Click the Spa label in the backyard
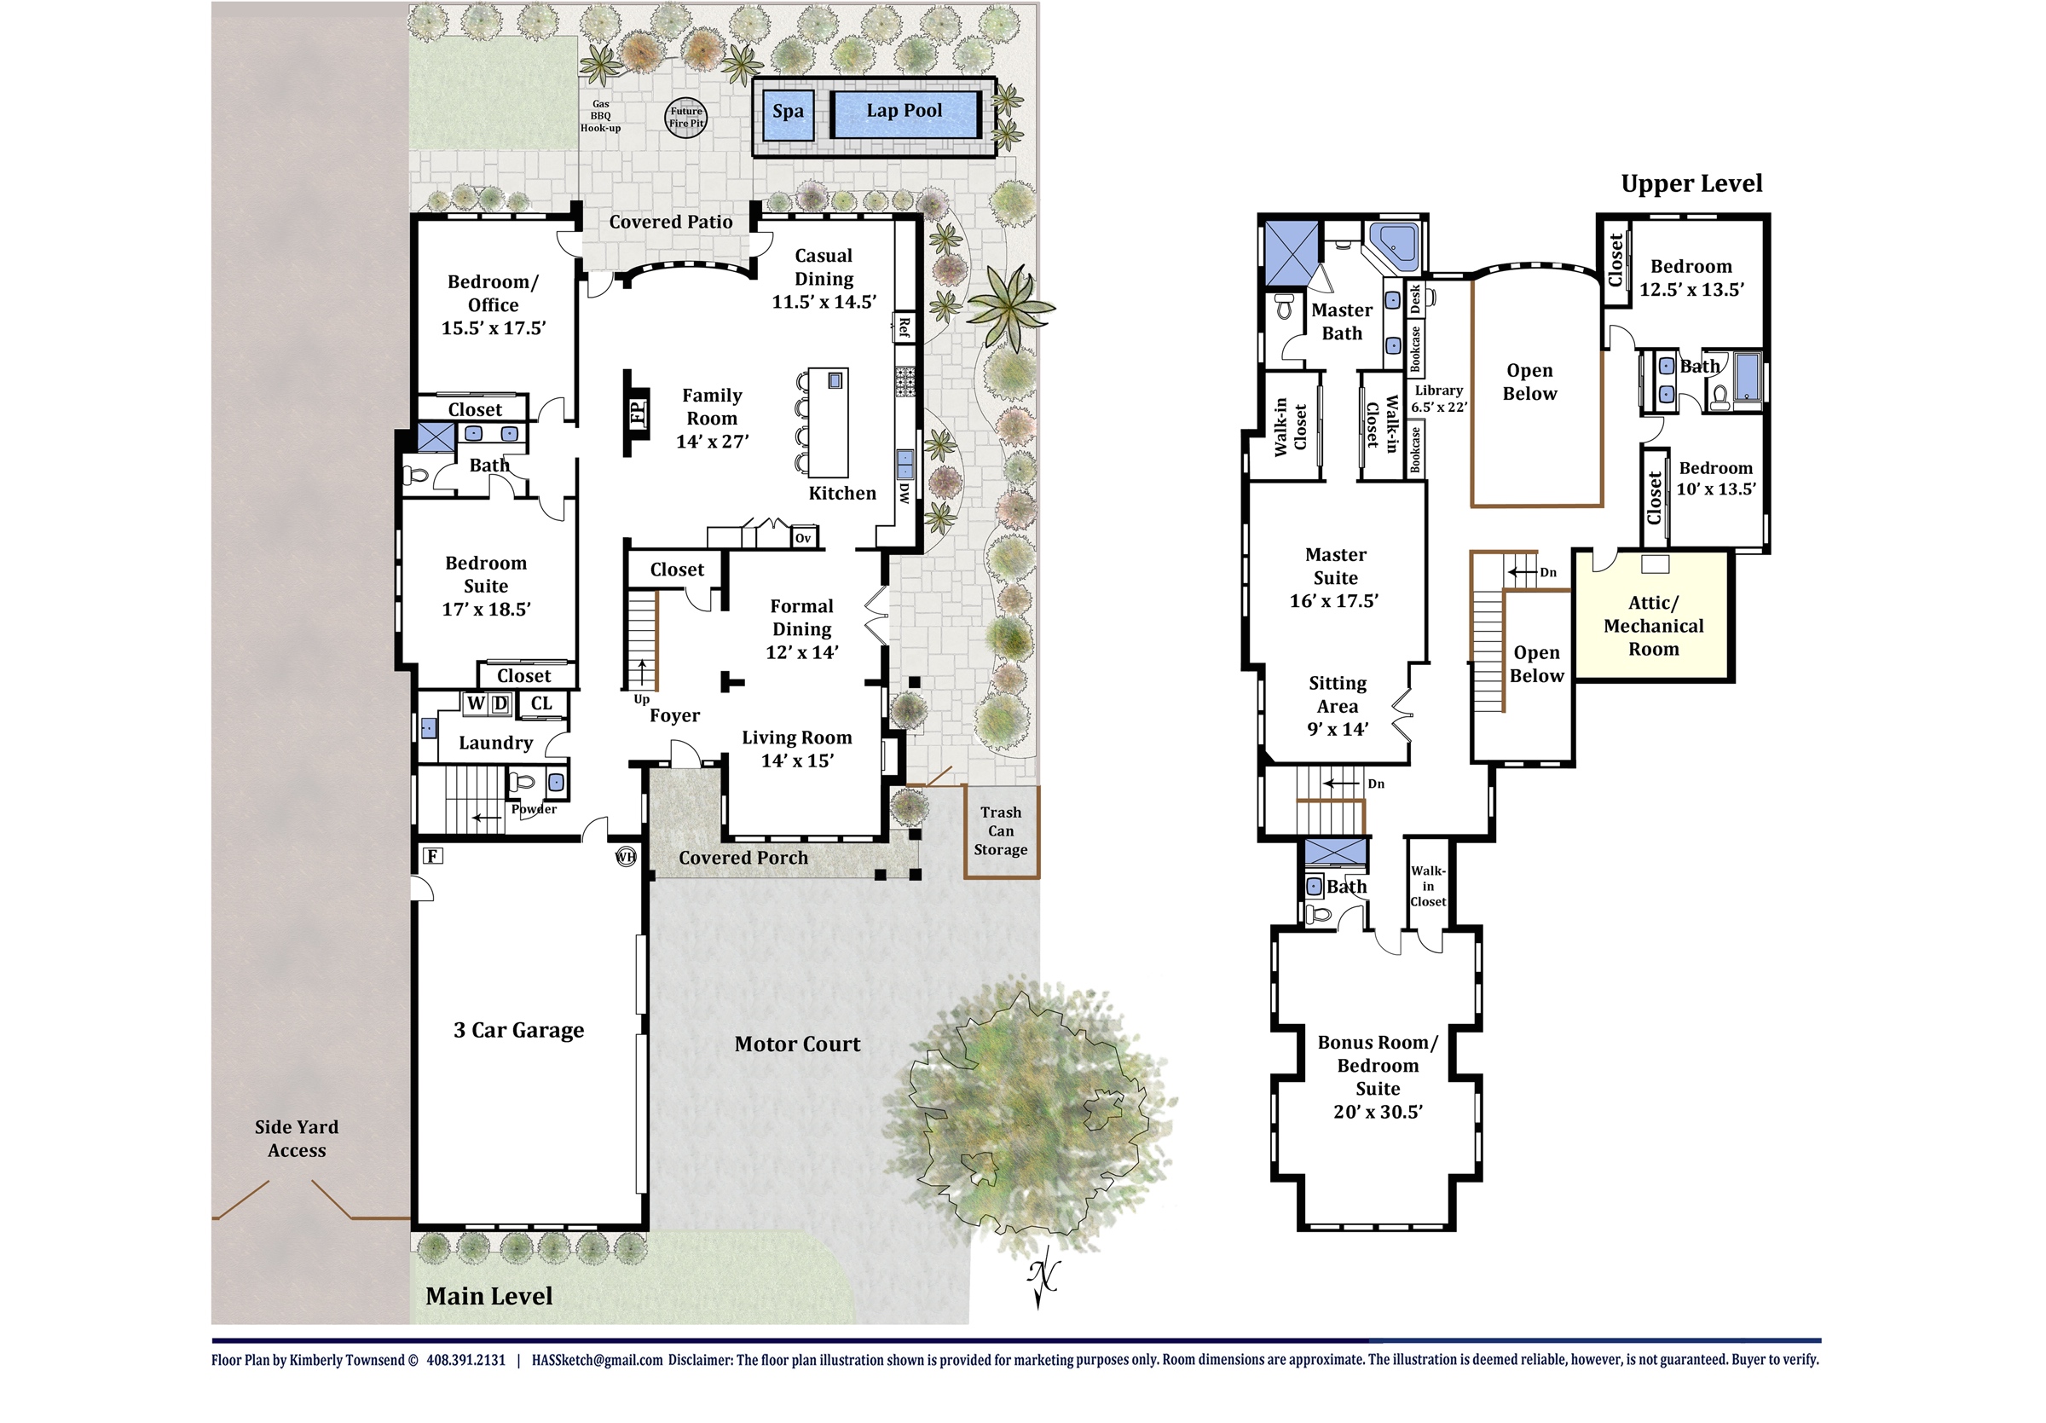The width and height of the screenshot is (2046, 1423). [x=788, y=112]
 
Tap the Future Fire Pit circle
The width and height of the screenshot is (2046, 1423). [x=686, y=117]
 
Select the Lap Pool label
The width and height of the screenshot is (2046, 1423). [x=905, y=111]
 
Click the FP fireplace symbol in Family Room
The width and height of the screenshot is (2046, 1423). [x=637, y=413]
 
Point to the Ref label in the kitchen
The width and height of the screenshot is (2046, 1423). [x=905, y=327]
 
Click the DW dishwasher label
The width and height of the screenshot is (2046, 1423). [x=905, y=493]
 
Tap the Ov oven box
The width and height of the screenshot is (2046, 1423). [x=803, y=537]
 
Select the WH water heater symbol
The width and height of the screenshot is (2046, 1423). [x=627, y=856]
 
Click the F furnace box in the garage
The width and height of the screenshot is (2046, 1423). [x=433, y=856]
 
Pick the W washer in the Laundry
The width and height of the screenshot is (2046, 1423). [x=477, y=703]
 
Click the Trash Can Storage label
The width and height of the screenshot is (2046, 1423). [x=1001, y=830]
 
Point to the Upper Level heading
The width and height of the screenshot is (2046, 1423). [x=1691, y=183]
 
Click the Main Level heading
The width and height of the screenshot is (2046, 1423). [x=489, y=1296]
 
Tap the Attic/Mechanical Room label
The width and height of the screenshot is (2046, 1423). [x=1653, y=626]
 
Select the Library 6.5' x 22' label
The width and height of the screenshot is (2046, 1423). [x=1438, y=398]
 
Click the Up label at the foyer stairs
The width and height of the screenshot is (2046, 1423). [x=642, y=699]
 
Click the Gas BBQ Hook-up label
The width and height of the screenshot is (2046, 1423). [x=601, y=116]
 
